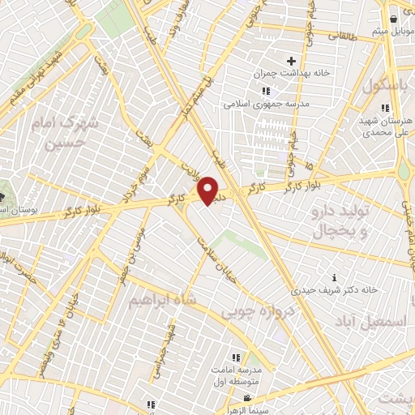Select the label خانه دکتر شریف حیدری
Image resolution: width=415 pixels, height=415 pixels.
click(x=335, y=289)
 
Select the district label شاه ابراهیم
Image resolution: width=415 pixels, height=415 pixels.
click(x=162, y=300)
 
